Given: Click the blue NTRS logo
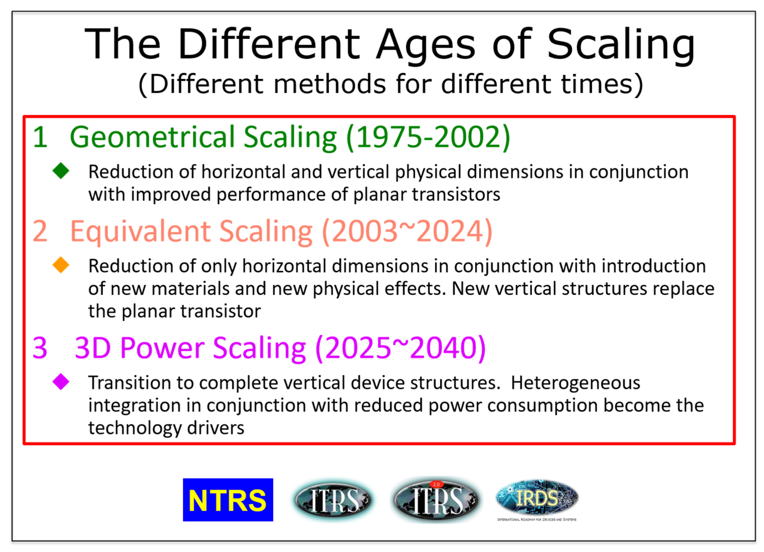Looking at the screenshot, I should (x=228, y=500).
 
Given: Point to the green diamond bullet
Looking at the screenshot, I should (x=61, y=171).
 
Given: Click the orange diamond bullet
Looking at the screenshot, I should (x=61, y=265).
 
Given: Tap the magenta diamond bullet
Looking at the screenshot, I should (x=61, y=382).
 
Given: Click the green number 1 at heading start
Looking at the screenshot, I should (x=40, y=137).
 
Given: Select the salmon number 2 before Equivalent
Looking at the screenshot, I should (x=40, y=231).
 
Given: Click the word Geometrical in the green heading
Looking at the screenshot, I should (x=152, y=137).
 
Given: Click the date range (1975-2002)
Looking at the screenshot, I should (x=428, y=137).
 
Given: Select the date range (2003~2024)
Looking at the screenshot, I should (x=407, y=231).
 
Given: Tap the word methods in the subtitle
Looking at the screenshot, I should (x=329, y=84).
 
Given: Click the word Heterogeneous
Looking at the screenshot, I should (x=575, y=383).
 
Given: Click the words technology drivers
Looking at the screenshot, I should (x=166, y=428).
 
